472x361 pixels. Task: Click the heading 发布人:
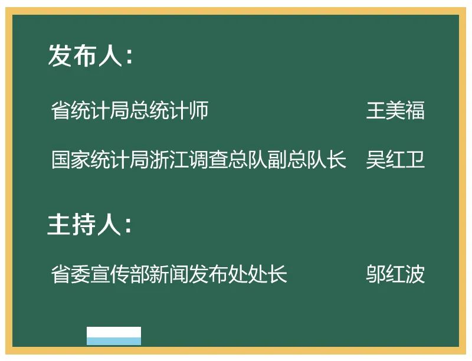90,55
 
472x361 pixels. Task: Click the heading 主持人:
90,224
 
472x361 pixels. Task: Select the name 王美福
395,110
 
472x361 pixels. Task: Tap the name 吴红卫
395,159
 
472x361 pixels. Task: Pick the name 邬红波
395,274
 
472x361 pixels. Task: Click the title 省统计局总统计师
130,110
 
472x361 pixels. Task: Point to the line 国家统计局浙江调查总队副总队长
199,159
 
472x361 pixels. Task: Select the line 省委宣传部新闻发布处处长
169,274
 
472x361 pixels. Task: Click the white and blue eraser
114,336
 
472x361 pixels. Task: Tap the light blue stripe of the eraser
114,341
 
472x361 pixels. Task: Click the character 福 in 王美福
415,110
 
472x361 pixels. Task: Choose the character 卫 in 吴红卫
415,159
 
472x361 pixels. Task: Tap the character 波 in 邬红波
415,274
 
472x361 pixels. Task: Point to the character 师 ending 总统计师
199,110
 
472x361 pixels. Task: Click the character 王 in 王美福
376,110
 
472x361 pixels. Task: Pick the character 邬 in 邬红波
376,274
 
